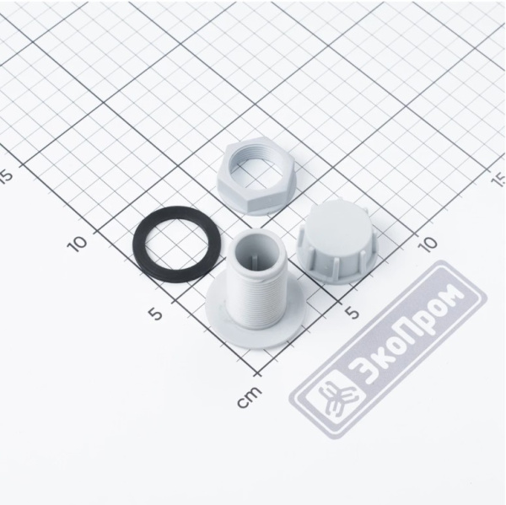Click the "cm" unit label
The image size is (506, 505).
[249, 396]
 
